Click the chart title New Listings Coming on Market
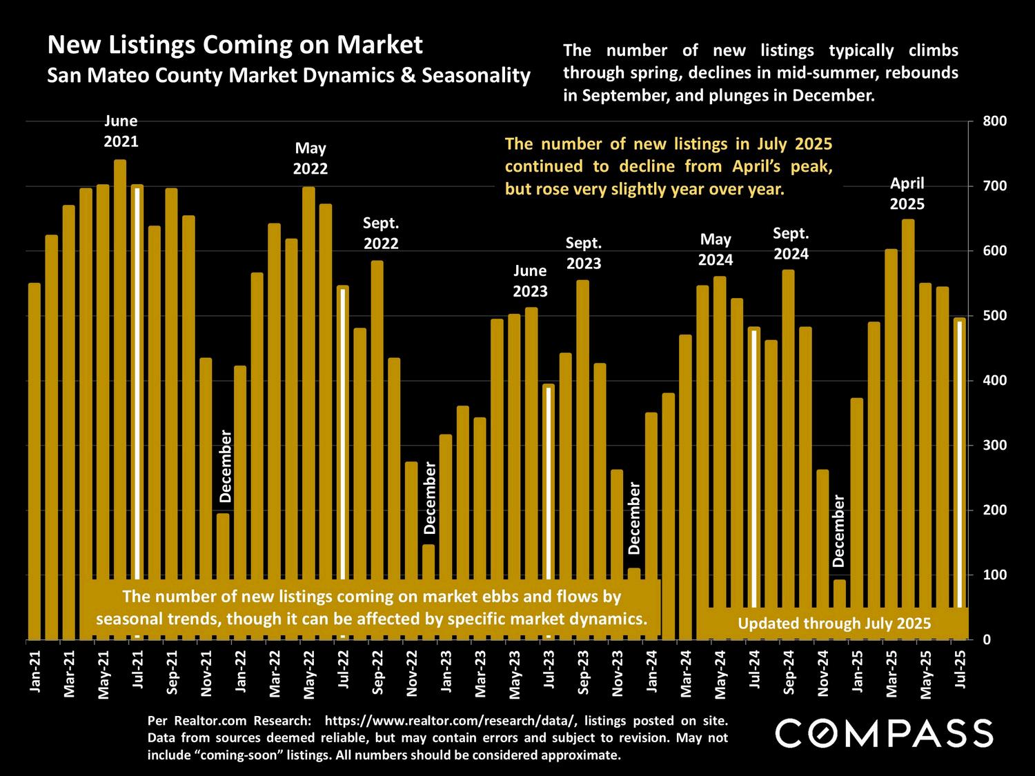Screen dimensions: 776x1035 [235, 46]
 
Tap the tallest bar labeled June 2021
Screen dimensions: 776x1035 [120, 345]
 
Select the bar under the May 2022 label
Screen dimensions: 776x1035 [308, 379]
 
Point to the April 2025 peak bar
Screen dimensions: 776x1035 [908, 414]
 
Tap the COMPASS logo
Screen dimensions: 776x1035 [884, 733]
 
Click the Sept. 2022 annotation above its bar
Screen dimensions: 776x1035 [381, 233]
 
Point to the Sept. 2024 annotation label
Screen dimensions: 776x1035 [791, 243]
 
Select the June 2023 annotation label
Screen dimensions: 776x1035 [530, 281]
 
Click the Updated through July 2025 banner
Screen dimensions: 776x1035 [834, 624]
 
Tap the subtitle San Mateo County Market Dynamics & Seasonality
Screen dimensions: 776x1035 [288, 75]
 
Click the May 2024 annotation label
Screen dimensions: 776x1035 [716, 250]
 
